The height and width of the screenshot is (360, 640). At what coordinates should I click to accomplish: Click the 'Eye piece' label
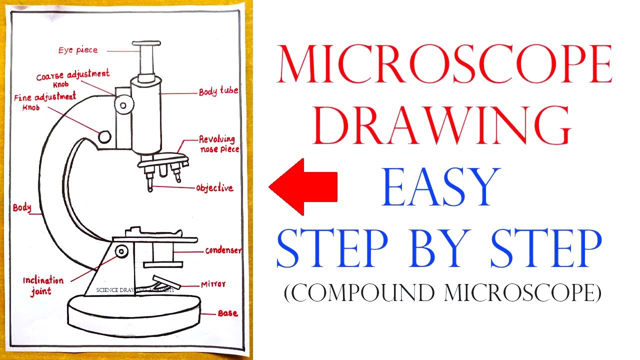click(78, 50)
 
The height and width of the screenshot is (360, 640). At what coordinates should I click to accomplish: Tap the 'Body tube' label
click(218, 91)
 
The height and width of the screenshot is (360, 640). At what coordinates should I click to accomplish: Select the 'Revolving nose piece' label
click(219, 144)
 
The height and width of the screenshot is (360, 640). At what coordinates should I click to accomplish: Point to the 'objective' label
click(214, 187)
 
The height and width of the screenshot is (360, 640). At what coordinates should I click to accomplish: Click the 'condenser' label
click(223, 250)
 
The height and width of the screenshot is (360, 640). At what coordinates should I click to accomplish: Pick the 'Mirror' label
click(213, 284)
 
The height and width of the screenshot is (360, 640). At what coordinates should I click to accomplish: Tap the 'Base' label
click(227, 313)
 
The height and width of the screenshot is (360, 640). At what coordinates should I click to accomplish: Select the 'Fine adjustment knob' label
click(45, 101)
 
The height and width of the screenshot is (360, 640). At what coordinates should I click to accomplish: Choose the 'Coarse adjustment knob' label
click(73, 77)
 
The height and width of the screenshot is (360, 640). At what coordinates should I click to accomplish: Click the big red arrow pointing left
click(303, 187)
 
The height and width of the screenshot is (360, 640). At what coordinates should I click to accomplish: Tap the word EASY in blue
click(441, 187)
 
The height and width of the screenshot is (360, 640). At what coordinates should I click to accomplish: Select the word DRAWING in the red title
click(442, 125)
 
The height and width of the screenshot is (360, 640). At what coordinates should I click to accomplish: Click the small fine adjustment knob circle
click(104, 137)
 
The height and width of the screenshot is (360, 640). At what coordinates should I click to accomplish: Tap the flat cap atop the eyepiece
click(146, 43)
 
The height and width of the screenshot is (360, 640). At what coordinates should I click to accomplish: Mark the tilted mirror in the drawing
click(166, 281)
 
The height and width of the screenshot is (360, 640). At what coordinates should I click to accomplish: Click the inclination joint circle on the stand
click(121, 251)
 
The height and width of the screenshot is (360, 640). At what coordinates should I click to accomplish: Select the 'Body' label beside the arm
click(22, 207)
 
